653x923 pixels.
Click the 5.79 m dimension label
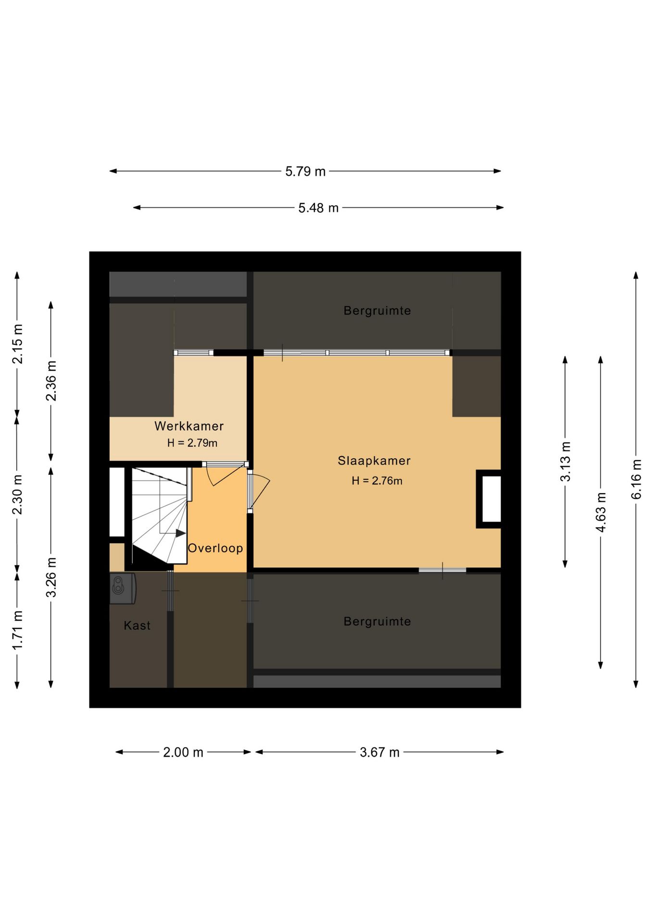pyautogui.click(x=305, y=171)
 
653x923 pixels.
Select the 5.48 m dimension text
pyautogui.click(x=318, y=208)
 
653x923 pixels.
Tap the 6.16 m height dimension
pyautogui.click(x=636, y=479)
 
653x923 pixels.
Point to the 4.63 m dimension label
pyautogui.click(x=601, y=512)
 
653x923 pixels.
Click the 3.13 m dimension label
pyautogui.click(x=565, y=461)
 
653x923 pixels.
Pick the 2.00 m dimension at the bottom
pyautogui.click(x=183, y=752)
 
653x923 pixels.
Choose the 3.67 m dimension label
pyautogui.click(x=380, y=752)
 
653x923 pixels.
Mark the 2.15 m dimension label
pyautogui.click(x=17, y=344)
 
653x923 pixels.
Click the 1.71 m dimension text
pyautogui.click(x=17, y=630)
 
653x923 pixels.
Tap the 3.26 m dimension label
pyautogui.click(x=51, y=577)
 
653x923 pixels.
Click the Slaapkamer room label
pyautogui.click(x=374, y=461)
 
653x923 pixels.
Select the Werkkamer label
pyautogui.click(x=189, y=426)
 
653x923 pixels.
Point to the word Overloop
pyautogui.click(x=215, y=548)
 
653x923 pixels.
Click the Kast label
pyautogui.click(x=137, y=625)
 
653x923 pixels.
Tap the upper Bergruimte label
pyautogui.click(x=377, y=311)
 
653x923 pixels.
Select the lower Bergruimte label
pyautogui.click(x=377, y=621)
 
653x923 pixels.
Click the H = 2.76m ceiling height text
pyautogui.click(x=377, y=481)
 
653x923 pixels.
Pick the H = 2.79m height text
pyautogui.click(x=192, y=443)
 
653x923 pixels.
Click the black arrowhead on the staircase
pyautogui.click(x=181, y=533)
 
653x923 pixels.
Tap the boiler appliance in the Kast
pyautogui.click(x=123, y=588)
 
